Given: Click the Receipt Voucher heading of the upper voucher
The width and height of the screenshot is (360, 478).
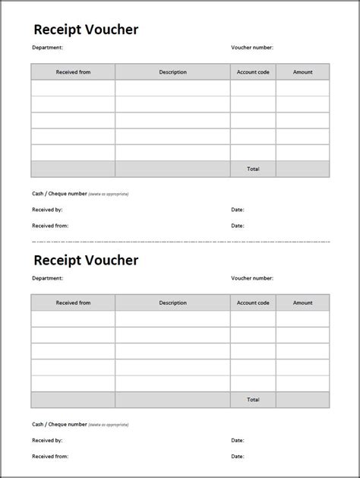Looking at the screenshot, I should (x=86, y=30).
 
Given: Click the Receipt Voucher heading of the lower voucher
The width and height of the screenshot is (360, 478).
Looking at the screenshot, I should (x=86, y=260).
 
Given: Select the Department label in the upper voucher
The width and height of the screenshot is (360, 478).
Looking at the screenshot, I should (x=47, y=47).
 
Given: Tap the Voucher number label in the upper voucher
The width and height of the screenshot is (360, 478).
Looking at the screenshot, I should (x=252, y=47).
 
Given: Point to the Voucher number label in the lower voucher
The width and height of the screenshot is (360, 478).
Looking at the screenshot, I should (x=252, y=278).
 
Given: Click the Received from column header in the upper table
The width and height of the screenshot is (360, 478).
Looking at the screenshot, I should (x=73, y=72).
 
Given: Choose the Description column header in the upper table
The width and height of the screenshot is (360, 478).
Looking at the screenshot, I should (x=172, y=72).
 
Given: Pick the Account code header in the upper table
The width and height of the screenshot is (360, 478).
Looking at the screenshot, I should (x=253, y=72).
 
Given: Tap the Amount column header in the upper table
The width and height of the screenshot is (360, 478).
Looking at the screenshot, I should (x=302, y=72).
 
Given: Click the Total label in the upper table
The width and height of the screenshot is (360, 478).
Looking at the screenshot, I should (x=253, y=169).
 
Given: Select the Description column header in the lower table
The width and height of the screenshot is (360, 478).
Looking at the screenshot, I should (x=172, y=302).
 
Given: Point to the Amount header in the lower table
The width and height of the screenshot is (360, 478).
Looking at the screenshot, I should (x=302, y=302).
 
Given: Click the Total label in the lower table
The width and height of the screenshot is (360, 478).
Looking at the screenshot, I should (x=253, y=399).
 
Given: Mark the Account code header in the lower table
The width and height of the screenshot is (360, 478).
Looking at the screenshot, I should (x=253, y=302).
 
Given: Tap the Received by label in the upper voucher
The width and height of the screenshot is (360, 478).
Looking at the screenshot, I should (x=47, y=209).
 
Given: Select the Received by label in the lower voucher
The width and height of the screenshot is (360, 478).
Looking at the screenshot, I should (x=47, y=440).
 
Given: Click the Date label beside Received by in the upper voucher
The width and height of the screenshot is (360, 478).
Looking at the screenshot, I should (x=238, y=209).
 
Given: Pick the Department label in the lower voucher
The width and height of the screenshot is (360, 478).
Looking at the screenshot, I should (x=47, y=278).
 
